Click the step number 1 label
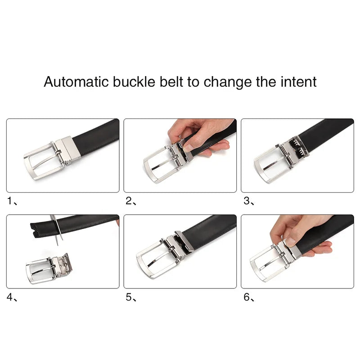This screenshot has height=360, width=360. (9, 201)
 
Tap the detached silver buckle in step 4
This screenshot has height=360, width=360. (47, 269)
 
